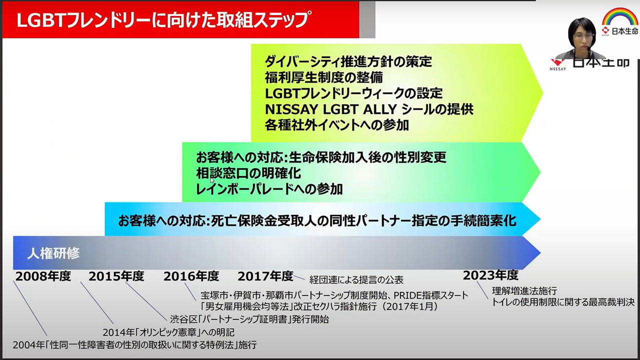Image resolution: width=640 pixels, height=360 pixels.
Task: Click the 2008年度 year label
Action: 43,276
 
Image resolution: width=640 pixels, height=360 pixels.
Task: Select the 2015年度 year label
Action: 116,276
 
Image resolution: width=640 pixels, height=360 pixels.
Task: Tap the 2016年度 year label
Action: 191,276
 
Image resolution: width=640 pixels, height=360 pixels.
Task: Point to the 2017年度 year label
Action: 265,276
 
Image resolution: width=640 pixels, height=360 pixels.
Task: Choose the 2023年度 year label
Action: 490,275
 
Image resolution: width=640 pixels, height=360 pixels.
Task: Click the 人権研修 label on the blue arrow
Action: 53,253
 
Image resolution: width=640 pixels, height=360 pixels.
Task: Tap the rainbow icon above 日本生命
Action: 619,16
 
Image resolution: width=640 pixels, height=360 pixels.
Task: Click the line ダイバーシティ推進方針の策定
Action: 348,61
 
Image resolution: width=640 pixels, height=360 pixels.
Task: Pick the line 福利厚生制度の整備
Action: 323,77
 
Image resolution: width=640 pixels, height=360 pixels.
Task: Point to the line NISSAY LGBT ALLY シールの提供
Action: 369,109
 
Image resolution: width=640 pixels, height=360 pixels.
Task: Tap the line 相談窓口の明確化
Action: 248,173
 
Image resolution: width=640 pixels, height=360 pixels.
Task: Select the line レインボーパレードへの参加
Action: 269,189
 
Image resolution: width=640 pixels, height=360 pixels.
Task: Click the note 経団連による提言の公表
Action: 356,279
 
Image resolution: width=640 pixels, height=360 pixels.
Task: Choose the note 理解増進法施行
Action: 524,291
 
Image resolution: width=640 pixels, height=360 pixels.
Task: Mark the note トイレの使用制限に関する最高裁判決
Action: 563,302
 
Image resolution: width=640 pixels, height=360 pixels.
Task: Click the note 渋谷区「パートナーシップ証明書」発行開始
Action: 249,319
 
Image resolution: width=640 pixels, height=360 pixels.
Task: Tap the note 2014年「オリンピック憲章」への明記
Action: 168,332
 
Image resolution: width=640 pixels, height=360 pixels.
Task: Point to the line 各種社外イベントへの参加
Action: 337,125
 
